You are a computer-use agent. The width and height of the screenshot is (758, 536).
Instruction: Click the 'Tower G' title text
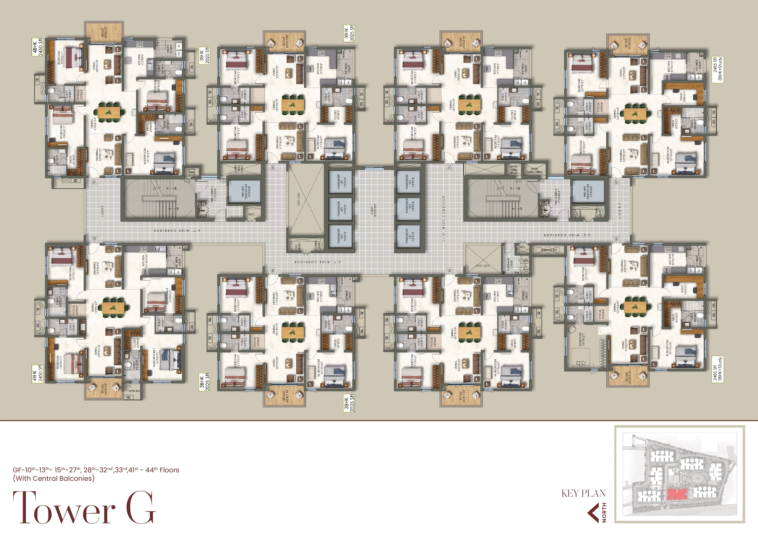[84, 508]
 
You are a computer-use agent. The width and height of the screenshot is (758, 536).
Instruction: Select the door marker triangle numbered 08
[616, 239]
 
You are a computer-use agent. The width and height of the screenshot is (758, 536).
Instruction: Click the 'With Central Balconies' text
[54, 478]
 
